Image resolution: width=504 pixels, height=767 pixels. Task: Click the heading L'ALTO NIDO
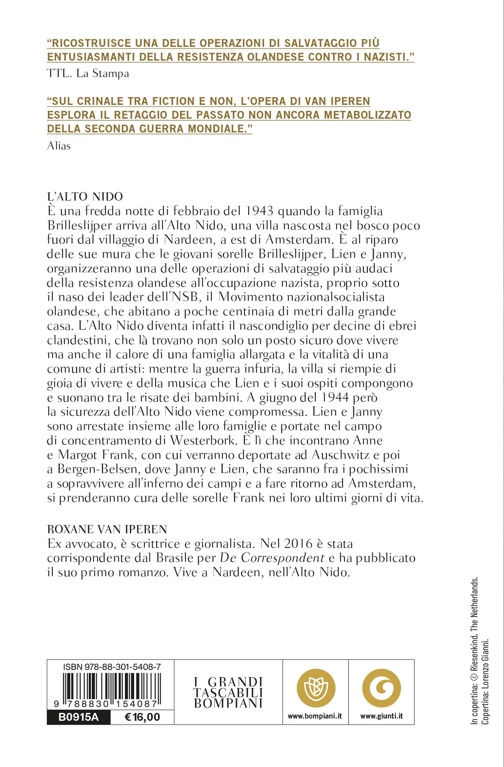point(85,197)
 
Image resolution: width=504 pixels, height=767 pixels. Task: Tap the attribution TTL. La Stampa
point(88,74)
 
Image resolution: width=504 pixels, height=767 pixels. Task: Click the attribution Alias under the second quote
point(59,146)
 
